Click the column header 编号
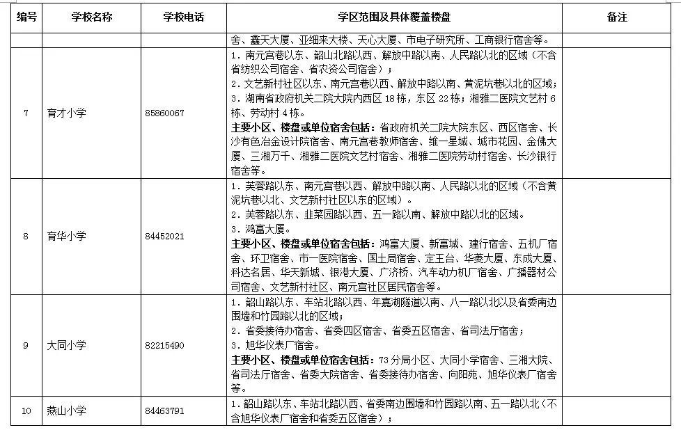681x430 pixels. (x=26, y=17)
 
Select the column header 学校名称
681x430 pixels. (x=91, y=17)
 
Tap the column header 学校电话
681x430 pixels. (x=184, y=17)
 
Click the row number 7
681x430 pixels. (x=26, y=113)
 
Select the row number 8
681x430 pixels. (x=26, y=237)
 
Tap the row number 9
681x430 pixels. (x=26, y=346)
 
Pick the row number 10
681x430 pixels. (x=26, y=411)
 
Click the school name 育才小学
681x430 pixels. (x=67, y=113)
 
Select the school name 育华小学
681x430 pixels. (x=67, y=237)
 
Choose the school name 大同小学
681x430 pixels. (x=67, y=346)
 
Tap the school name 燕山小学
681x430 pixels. (x=67, y=411)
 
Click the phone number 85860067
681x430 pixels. (x=165, y=113)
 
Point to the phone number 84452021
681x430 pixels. (x=165, y=237)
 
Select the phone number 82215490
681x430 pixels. (x=165, y=346)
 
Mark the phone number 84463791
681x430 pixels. (x=165, y=411)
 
